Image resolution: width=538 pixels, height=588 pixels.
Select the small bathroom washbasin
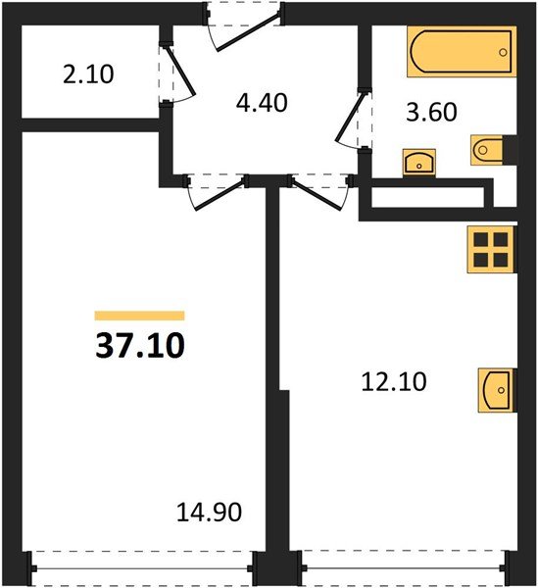(420, 161)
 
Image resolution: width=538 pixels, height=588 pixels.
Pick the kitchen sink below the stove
(495, 392)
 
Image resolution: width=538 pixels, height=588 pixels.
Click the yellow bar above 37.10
(139, 316)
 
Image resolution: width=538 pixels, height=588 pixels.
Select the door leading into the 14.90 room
(216, 188)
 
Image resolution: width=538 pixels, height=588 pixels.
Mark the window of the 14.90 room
(144, 565)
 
